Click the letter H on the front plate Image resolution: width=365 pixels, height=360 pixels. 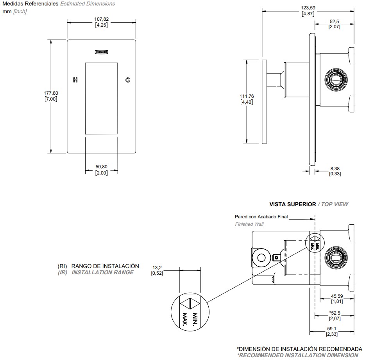click(x=75, y=80)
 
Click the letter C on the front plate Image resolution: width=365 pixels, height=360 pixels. click(x=127, y=80)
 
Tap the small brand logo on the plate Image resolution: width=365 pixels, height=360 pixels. click(x=102, y=51)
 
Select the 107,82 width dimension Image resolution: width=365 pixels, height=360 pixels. click(x=102, y=19)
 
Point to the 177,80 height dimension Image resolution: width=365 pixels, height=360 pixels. click(x=51, y=93)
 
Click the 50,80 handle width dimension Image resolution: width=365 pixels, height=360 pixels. click(x=102, y=167)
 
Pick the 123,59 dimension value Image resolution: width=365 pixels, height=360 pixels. click(x=308, y=8)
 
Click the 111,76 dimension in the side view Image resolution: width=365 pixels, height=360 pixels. click(x=247, y=96)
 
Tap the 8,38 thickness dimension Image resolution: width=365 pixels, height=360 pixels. click(x=335, y=168)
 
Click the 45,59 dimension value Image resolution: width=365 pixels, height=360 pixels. click(x=337, y=296)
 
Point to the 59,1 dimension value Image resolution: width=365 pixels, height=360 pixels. click(x=332, y=329)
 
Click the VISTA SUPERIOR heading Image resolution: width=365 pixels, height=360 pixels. click(x=293, y=204)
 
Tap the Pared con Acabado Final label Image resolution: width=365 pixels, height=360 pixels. click(x=261, y=216)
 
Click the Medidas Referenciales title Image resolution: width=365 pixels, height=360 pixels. click(x=30, y=4)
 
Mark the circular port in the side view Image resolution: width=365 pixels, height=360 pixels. click(x=335, y=79)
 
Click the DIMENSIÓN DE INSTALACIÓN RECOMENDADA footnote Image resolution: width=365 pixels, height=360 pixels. click(x=299, y=349)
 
